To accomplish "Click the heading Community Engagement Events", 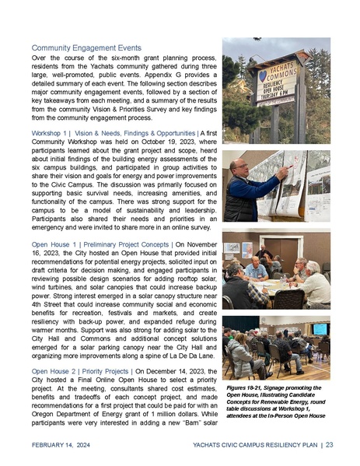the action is (x=87, y=47).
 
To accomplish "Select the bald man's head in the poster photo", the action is (x=240, y=169).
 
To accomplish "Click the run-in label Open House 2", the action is (x=54, y=373).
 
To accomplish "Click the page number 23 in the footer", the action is (x=330, y=445).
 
